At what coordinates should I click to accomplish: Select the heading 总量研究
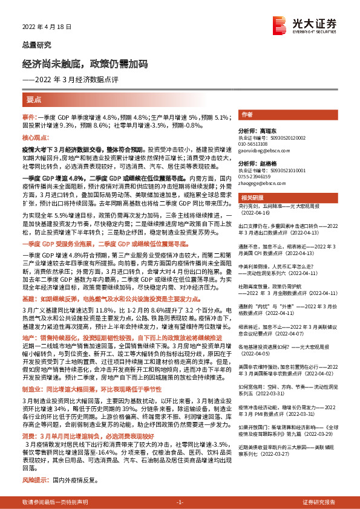click(37, 45)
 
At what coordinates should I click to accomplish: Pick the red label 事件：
click(30, 115)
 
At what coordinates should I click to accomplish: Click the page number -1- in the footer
click(180, 502)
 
